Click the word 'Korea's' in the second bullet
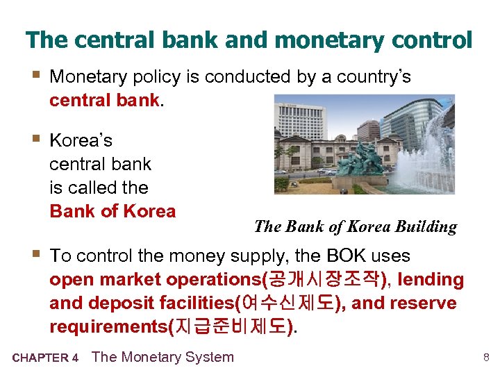[81, 140]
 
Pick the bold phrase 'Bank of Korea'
[112, 211]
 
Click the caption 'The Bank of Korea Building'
[356, 226]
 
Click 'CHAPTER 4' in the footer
[45, 358]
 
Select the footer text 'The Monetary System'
[162, 357]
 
